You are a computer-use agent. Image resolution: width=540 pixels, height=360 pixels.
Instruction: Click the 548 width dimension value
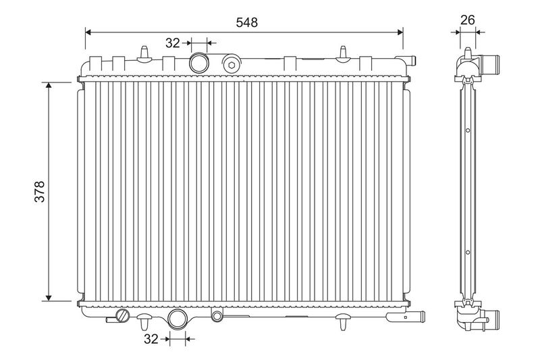pyautogui.click(x=246, y=22)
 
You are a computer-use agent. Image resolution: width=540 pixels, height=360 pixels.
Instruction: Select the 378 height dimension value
pyautogui.click(x=40, y=191)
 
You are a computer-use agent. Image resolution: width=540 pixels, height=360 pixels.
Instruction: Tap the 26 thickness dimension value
pyautogui.click(x=467, y=20)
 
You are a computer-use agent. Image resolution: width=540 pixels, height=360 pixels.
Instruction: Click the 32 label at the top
pyautogui.click(x=173, y=43)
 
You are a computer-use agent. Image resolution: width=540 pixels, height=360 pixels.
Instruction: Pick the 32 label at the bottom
pyautogui.click(x=151, y=339)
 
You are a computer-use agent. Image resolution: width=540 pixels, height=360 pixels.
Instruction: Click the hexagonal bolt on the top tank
pyautogui.click(x=232, y=64)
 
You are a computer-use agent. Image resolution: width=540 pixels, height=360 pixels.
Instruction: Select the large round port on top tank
pyautogui.click(x=199, y=63)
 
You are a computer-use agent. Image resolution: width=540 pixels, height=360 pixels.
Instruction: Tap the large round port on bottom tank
pyautogui.click(x=178, y=319)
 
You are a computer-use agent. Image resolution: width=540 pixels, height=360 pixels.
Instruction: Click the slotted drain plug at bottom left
pyautogui.click(x=123, y=315)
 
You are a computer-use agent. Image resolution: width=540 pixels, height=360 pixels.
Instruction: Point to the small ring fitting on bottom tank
pyautogui.click(x=217, y=315)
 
